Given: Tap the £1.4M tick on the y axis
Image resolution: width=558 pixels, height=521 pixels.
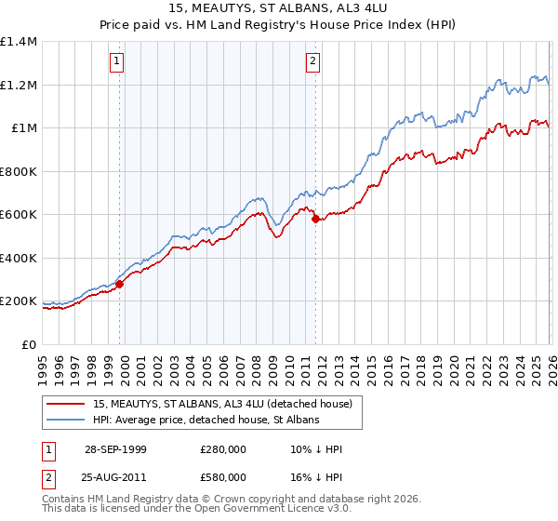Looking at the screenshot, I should click(19, 42).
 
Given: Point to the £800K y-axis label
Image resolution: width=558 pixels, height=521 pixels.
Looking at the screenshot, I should click(18, 171).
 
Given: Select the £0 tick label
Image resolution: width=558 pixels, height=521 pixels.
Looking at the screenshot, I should click(28, 344).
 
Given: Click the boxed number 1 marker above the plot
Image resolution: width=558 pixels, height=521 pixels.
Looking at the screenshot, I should click(117, 61).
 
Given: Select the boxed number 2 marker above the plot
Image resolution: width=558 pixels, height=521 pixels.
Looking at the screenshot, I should click(313, 61).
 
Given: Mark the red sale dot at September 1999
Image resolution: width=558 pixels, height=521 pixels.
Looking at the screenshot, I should click(120, 285).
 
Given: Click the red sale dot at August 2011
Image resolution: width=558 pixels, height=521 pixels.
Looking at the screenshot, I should click(315, 220).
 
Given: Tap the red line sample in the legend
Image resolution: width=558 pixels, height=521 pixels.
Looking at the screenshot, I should click(66, 405).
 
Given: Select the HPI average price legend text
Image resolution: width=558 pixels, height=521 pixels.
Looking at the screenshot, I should click(206, 421).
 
